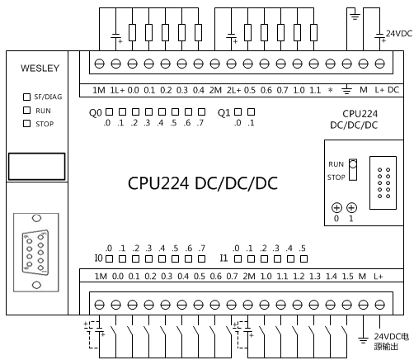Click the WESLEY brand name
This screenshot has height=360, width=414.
click(40, 69)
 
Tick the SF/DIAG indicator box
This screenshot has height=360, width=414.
click(26, 97)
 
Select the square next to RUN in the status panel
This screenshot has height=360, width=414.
click(26, 110)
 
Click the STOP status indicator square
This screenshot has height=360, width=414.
click(26, 123)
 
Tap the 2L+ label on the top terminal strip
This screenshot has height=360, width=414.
click(233, 90)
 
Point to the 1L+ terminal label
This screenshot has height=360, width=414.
click(117, 90)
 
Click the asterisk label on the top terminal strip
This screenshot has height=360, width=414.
click(331, 90)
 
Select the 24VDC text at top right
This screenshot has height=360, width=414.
click(399, 34)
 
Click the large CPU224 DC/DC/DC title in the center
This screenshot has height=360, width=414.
click(203, 183)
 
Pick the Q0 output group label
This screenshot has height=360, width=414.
click(96, 113)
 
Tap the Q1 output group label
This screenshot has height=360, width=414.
click(223, 113)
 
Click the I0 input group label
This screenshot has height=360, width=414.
click(98, 258)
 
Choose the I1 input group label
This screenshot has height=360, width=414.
click(223, 258)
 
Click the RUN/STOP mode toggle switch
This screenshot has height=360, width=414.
click(353, 169)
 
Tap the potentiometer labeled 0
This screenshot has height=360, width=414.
click(336, 208)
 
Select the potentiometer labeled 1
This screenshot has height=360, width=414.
click(351, 208)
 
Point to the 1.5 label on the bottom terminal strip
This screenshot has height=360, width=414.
click(348, 277)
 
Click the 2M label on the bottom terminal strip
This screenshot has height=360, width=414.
click(249, 277)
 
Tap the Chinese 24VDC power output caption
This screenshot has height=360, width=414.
click(392, 341)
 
